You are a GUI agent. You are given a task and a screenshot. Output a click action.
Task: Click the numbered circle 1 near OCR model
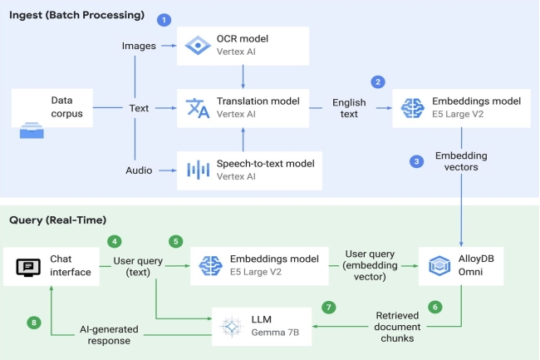pos(164,18)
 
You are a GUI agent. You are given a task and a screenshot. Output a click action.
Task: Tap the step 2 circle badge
pos(378,81)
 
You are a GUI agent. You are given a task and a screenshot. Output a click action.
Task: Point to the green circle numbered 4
pos(114,241)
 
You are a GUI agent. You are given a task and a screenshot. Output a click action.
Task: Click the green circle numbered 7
pos(330,307)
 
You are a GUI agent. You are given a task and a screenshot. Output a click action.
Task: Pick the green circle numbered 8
pos(33,323)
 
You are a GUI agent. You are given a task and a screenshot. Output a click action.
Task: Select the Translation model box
pos(243,107)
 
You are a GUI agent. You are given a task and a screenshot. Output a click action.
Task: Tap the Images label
pos(139,46)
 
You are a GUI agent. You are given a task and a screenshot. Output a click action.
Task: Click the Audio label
pos(139,170)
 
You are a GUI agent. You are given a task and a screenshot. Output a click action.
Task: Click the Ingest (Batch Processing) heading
pos(76,16)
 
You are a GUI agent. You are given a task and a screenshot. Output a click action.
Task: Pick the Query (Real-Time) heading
pos(57,219)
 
